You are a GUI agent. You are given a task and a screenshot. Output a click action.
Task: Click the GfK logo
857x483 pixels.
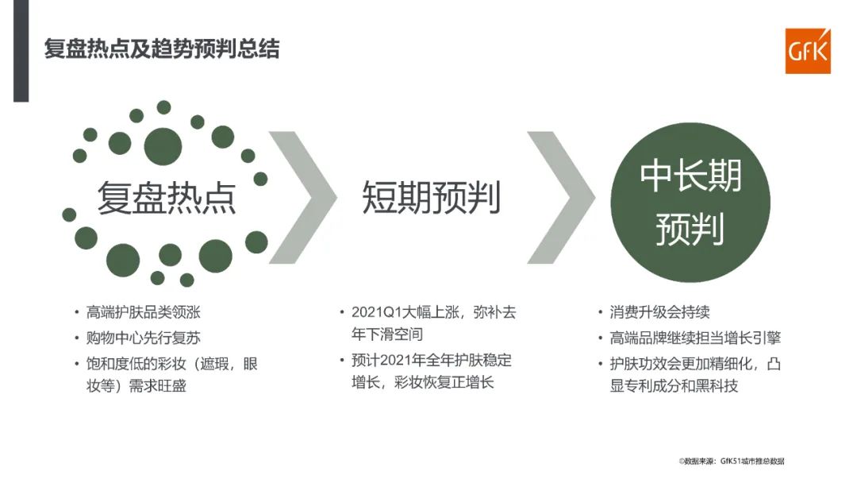pos(807,51)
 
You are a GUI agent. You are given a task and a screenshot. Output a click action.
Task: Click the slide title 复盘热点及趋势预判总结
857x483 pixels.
pos(161,49)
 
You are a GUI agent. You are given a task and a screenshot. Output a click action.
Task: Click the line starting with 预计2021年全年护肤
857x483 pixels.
pos(432,361)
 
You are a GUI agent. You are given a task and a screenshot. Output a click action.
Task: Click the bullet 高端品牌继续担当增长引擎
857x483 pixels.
pos(695,338)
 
